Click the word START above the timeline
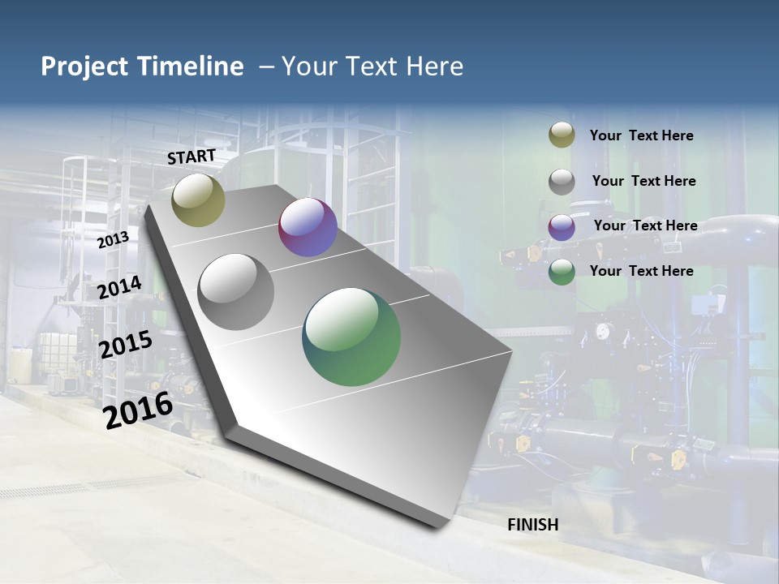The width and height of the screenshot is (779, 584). (x=192, y=156)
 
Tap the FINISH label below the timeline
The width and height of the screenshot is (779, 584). (x=533, y=525)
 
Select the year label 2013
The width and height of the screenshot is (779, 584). (x=113, y=240)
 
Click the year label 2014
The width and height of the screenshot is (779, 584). (x=119, y=288)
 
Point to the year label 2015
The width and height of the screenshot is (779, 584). (x=125, y=345)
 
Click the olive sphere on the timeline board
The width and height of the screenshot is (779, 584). (x=198, y=200)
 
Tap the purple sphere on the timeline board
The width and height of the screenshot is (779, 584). (x=308, y=227)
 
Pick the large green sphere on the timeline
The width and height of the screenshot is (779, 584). (x=351, y=337)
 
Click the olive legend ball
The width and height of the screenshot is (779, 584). (x=562, y=135)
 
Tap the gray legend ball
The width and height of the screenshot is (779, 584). (x=562, y=182)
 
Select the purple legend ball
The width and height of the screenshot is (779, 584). (x=562, y=227)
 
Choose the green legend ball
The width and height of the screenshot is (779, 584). (x=562, y=273)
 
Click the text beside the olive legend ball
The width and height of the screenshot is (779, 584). (x=641, y=136)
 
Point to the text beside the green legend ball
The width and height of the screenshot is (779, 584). (x=641, y=271)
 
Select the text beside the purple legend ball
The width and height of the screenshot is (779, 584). (x=645, y=225)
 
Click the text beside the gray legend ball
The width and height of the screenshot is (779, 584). (x=643, y=181)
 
